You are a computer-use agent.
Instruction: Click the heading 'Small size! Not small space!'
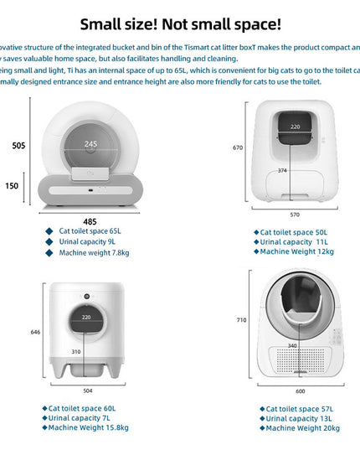pyautogui.click(x=181, y=25)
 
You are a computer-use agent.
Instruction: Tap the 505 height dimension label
pyautogui.click(x=18, y=145)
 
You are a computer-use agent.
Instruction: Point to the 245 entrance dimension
pyautogui.click(x=90, y=144)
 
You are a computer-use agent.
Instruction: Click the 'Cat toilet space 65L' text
pyautogui.click(x=90, y=230)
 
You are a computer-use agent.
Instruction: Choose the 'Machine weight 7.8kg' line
pyautogui.click(x=93, y=252)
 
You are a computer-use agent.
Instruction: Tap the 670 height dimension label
pyautogui.click(x=238, y=147)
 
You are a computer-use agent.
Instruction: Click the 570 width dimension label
pyautogui.click(x=296, y=213)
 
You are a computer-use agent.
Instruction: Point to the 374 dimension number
pyautogui.click(x=282, y=170)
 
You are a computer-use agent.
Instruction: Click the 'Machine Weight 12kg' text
pyautogui.click(x=296, y=251)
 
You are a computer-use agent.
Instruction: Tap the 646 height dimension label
pyautogui.click(x=35, y=332)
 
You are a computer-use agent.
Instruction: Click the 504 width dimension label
pyautogui.click(x=88, y=391)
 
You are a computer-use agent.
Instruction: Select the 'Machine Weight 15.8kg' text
pyautogui.click(x=88, y=427)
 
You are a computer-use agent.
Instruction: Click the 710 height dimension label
pyautogui.click(x=241, y=320)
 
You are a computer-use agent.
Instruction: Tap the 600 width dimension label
pyautogui.click(x=300, y=391)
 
